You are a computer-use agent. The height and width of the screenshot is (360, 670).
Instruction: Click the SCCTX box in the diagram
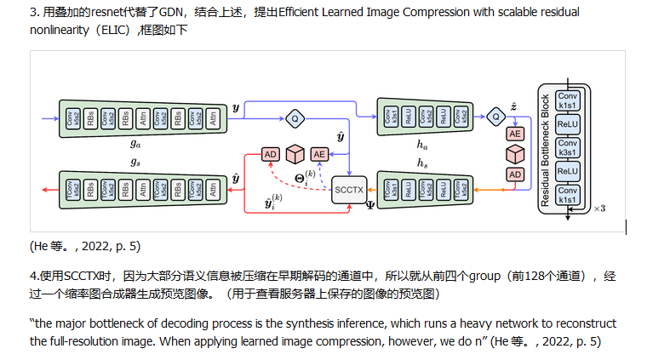tap(347, 189)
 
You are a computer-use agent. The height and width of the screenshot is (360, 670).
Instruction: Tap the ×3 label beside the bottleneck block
tap(598, 208)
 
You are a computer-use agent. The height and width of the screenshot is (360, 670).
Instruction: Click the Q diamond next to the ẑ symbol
tap(496, 114)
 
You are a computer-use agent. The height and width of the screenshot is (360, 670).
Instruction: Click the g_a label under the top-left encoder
tap(135, 145)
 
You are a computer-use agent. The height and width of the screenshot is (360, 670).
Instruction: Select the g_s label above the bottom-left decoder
tap(135, 160)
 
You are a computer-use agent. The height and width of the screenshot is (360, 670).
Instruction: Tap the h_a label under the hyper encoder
tap(422, 145)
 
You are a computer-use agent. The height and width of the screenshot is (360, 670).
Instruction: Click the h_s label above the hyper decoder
tap(422, 160)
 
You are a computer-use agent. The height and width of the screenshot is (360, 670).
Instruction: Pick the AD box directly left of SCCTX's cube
tap(271, 154)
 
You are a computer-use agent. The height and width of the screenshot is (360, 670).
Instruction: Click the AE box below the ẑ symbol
tap(515, 134)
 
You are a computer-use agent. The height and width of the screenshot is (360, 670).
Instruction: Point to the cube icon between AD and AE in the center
tap(295, 154)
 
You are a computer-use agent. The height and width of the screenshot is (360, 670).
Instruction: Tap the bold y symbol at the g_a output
tap(236, 108)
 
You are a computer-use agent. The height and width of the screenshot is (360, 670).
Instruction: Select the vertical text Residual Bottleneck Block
tap(545, 150)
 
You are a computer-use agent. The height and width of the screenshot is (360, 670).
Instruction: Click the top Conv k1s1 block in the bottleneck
tap(567, 100)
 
